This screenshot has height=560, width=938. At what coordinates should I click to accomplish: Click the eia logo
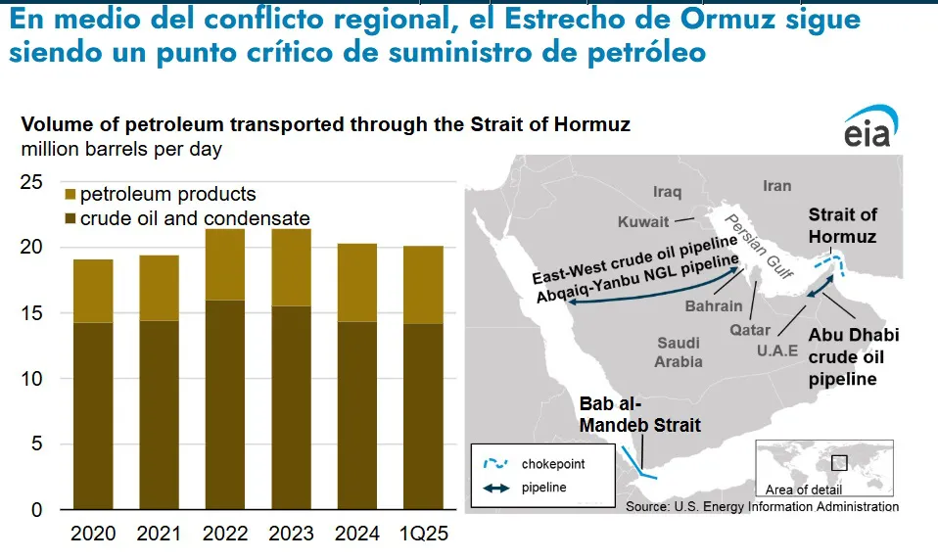click(871, 126)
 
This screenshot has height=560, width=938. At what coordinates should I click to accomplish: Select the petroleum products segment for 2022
click(225, 264)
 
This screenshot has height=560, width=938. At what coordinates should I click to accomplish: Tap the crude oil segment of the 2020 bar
click(93, 416)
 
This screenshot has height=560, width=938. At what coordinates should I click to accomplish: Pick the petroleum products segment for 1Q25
click(424, 286)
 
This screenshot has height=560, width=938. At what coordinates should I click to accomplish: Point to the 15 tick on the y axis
click(31, 313)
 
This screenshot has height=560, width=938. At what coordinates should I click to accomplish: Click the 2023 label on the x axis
click(291, 533)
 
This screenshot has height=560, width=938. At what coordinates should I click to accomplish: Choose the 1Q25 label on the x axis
click(424, 533)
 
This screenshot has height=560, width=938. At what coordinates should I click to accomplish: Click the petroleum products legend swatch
click(70, 195)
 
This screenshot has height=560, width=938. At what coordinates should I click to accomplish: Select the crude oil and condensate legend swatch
click(70, 219)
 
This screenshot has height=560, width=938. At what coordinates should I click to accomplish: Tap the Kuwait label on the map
click(643, 222)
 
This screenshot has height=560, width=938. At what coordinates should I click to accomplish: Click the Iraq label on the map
click(667, 192)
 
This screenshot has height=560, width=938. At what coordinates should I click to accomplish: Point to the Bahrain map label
click(714, 306)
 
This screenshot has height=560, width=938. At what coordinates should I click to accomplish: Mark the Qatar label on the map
click(750, 330)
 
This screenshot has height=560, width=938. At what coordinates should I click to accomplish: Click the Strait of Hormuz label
click(842, 225)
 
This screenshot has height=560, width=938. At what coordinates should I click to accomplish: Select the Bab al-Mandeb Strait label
click(639, 415)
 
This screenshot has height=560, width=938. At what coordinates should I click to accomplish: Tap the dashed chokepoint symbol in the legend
click(495, 463)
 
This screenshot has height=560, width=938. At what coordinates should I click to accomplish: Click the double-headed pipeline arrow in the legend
click(495, 489)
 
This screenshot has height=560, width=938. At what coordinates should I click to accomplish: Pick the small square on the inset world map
click(839, 462)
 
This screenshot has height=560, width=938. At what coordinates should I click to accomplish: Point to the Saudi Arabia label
click(678, 352)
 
